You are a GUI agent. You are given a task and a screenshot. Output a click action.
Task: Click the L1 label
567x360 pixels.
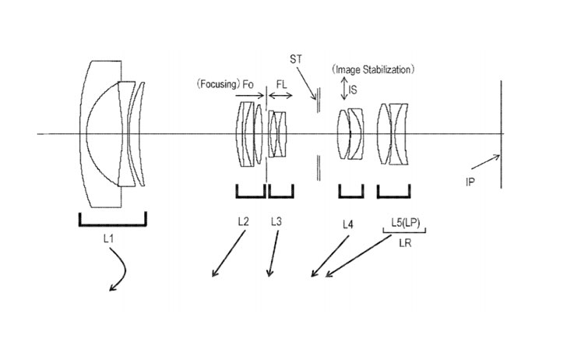point(108,238)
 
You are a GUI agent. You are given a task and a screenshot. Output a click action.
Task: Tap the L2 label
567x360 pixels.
point(243,221)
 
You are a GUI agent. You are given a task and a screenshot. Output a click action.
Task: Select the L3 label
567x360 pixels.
point(276,221)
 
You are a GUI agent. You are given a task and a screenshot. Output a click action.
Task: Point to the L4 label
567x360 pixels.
point(347,224)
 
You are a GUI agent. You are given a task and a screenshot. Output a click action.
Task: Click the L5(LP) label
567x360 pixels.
point(406,223)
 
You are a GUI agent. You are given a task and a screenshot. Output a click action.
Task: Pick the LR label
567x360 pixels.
point(405,243)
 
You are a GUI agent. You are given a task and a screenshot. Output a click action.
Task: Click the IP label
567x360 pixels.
point(470,182)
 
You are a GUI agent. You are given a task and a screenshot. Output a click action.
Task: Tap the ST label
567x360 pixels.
point(295,59)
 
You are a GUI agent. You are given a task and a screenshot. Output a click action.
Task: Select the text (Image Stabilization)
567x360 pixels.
point(373,69)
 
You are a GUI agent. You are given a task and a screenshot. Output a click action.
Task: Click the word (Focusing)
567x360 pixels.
point(218,84)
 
